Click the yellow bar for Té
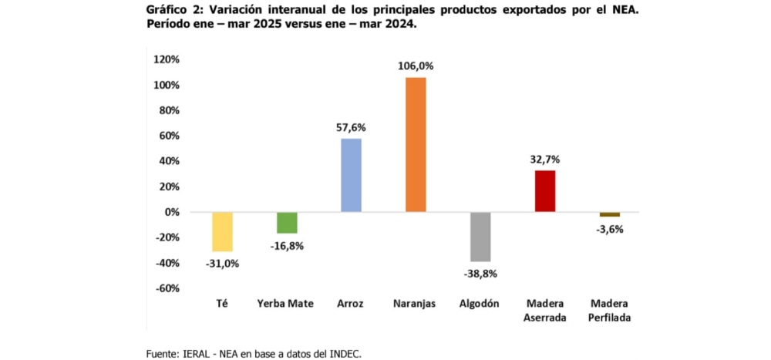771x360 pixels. [x=222, y=231]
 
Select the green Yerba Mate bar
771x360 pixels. [x=287, y=222]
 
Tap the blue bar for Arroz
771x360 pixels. [x=351, y=175]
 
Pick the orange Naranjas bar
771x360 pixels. [x=416, y=144]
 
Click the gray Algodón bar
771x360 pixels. [x=480, y=237]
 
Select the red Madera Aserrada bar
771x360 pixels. [x=544, y=190]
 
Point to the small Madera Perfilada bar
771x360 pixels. [x=609, y=214]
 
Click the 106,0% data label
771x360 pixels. [x=416, y=66]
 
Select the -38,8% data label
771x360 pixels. [x=480, y=274]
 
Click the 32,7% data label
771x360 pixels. [x=544, y=160]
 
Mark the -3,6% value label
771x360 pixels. [x=609, y=229]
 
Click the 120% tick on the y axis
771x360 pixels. [x=167, y=59]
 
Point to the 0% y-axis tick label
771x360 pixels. [x=171, y=212]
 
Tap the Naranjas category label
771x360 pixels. [x=416, y=304]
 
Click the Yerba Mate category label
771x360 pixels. [x=285, y=304]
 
